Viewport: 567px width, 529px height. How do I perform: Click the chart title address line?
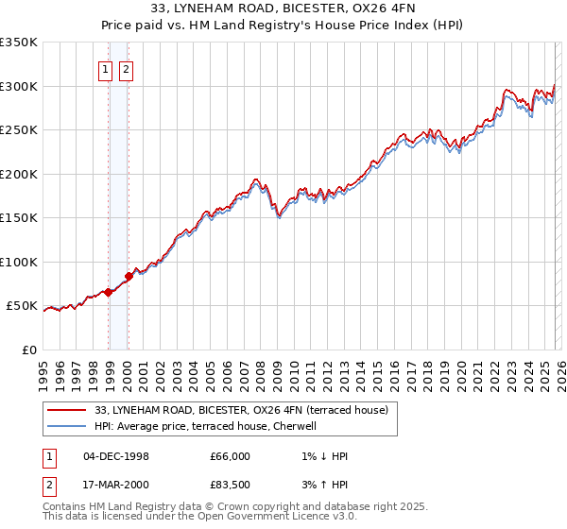[283, 10]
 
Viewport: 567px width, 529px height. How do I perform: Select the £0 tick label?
[28, 350]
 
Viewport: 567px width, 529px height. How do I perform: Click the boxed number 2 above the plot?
[126, 69]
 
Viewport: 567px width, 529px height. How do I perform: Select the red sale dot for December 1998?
[108, 292]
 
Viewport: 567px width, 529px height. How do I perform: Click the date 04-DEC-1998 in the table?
[115, 456]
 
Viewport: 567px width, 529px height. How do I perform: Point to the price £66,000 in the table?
[230, 456]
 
